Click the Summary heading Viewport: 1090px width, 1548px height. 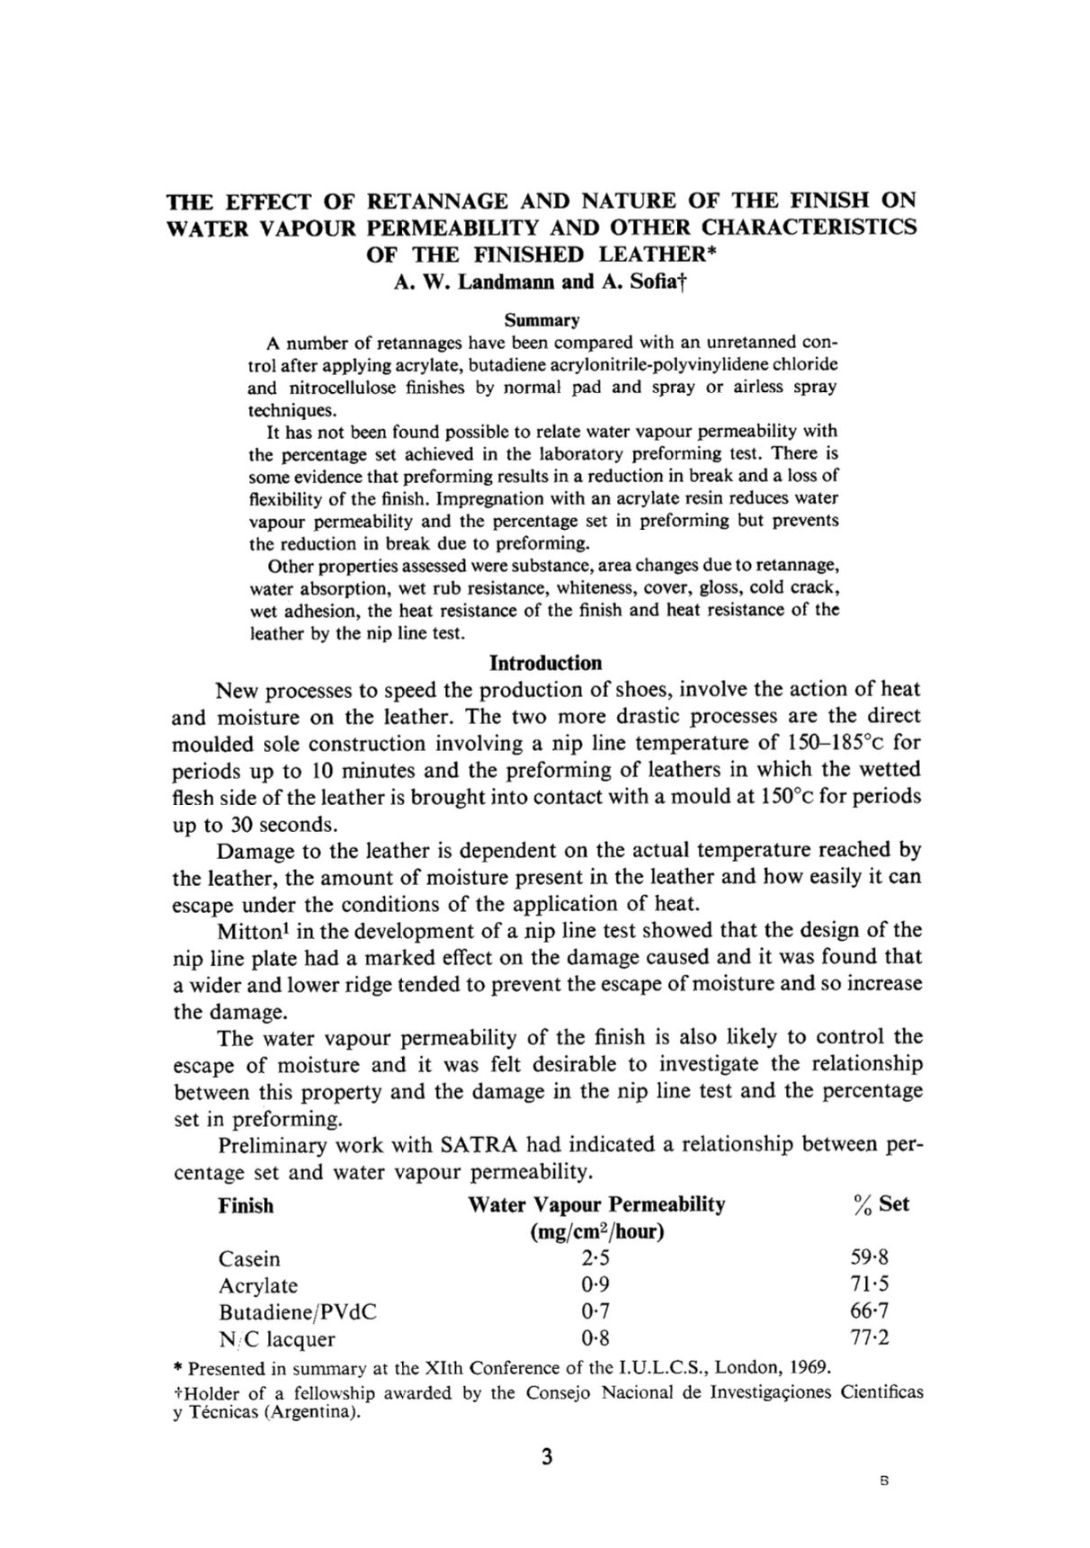pos(541,320)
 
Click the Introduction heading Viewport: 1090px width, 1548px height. pos(545,664)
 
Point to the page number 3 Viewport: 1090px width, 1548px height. pos(547,1457)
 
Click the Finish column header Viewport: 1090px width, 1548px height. pos(246,1205)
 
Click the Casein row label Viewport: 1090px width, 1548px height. pos(249,1258)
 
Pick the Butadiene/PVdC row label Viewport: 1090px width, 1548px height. pos(298,1311)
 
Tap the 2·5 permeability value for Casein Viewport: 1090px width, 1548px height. pos(595,1258)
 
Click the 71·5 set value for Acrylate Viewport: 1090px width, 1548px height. pos(870,1284)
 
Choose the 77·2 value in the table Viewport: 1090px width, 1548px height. pos(870,1338)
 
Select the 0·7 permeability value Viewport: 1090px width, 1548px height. pos(595,1311)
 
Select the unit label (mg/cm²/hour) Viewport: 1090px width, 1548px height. pos(597,1231)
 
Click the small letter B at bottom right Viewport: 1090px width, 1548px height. pos(885,1481)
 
